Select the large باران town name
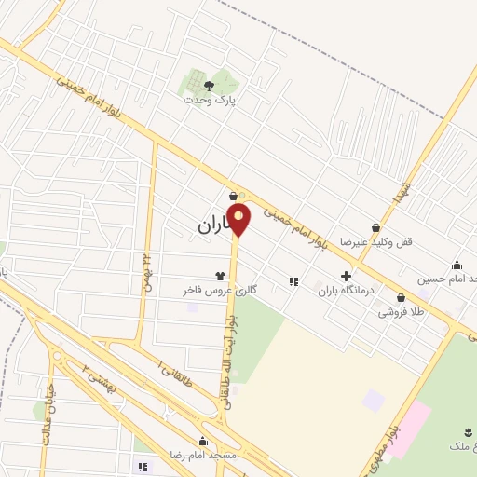pyautogui.click(x=216, y=225)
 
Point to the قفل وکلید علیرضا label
pyautogui.click(x=375, y=241)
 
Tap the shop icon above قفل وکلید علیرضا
pyautogui.click(x=375, y=227)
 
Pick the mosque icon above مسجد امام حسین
pyautogui.click(x=457, y=265)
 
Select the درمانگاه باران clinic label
pyautogui.click(x=346, y=291)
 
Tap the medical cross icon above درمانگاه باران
pyautogui.click(x=347, y=277)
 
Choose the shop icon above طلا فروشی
pyautogui.click(x=402, y=298)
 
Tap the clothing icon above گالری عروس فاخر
pyautogui.click(x=220, y=276)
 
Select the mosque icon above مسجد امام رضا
pyautogui.click(x=202, y=441)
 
